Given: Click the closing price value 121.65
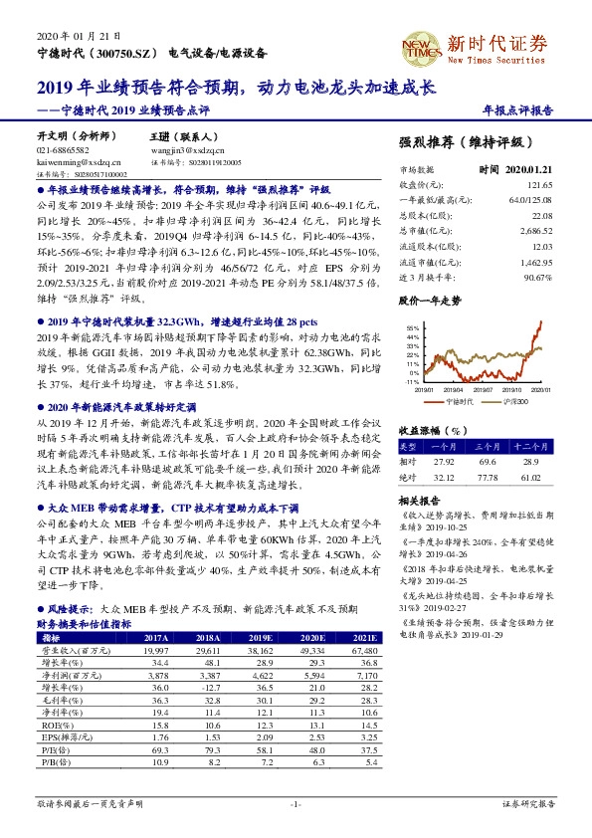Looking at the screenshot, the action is [538, 184].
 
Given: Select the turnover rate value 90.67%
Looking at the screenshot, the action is [536, 276].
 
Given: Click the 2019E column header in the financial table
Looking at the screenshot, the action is [261, 637].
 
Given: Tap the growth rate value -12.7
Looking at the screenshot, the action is [207, 686].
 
